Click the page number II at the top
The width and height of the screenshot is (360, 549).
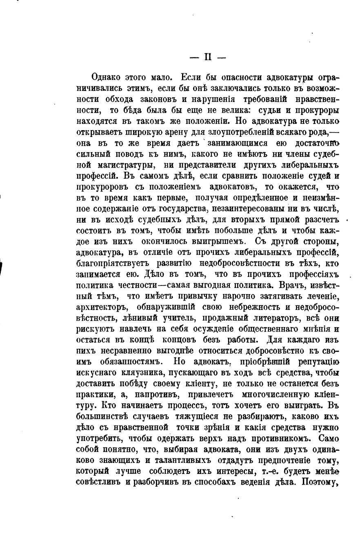tap(208, 58)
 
